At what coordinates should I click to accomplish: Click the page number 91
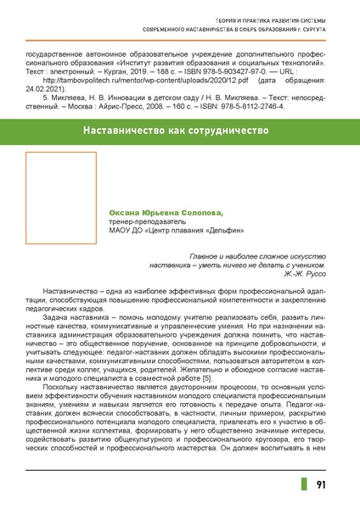(x=322, y=485)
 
